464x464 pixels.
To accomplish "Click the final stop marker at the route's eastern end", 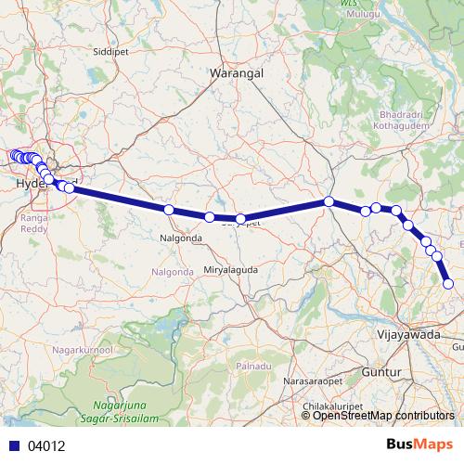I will (448, 284).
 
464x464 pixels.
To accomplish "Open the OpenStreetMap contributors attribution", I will (383, 415).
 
